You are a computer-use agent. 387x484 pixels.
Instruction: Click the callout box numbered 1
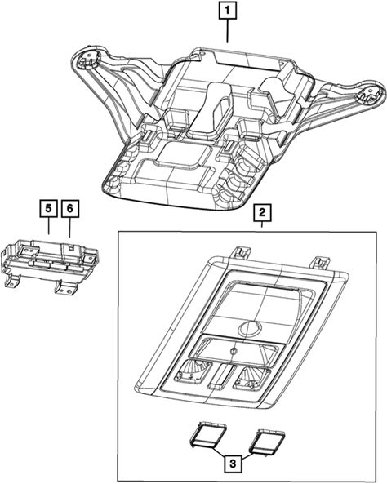pyautogui.click(x=228, y=11)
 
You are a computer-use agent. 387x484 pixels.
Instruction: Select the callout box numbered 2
pyautogui.click(x=262, y=212)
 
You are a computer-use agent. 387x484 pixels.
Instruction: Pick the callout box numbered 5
pyautogui.click(x=48, y=208)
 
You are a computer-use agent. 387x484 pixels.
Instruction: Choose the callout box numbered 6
pyautogui.click(x=69, y=208)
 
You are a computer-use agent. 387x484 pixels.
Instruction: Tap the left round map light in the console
pyautogui.click(x=193, y=371)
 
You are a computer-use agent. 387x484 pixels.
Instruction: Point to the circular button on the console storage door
pyautogui.click(x=250, y=328)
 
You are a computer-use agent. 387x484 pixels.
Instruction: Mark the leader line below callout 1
pyautogui.click(x=228, y=31)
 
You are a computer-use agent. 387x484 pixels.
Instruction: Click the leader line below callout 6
pyautogui.click(x=69, y=227)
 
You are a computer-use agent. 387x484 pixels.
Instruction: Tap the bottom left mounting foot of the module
pyautogui.click(x=12, y=280)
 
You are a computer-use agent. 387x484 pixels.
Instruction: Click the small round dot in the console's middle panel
pyautogui.click(x=234, y=350)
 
